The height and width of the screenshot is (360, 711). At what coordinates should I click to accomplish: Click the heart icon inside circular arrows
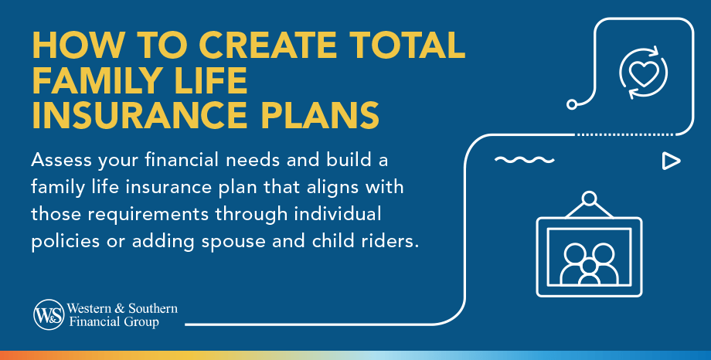[x=643, y=73]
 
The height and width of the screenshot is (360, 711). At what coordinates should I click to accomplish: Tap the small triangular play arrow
[x=670, y=161]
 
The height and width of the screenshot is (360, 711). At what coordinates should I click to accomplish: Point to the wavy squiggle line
[x=524, y=161]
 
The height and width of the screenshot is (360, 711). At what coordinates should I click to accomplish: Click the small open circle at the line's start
[x=572, y=104]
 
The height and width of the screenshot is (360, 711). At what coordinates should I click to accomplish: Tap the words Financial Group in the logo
[x=116, y=321]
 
